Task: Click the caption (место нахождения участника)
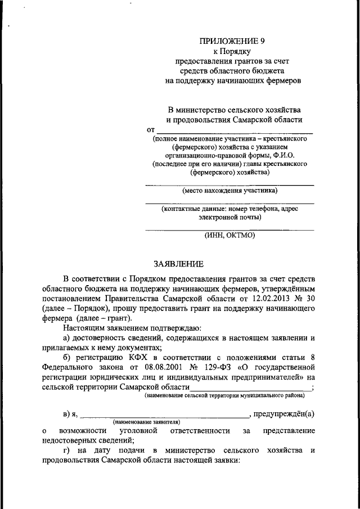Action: coord(229,190)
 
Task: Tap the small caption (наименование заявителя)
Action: coord(146,421)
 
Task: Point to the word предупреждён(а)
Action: coord(283,414)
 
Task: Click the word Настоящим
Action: coord(81,327)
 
